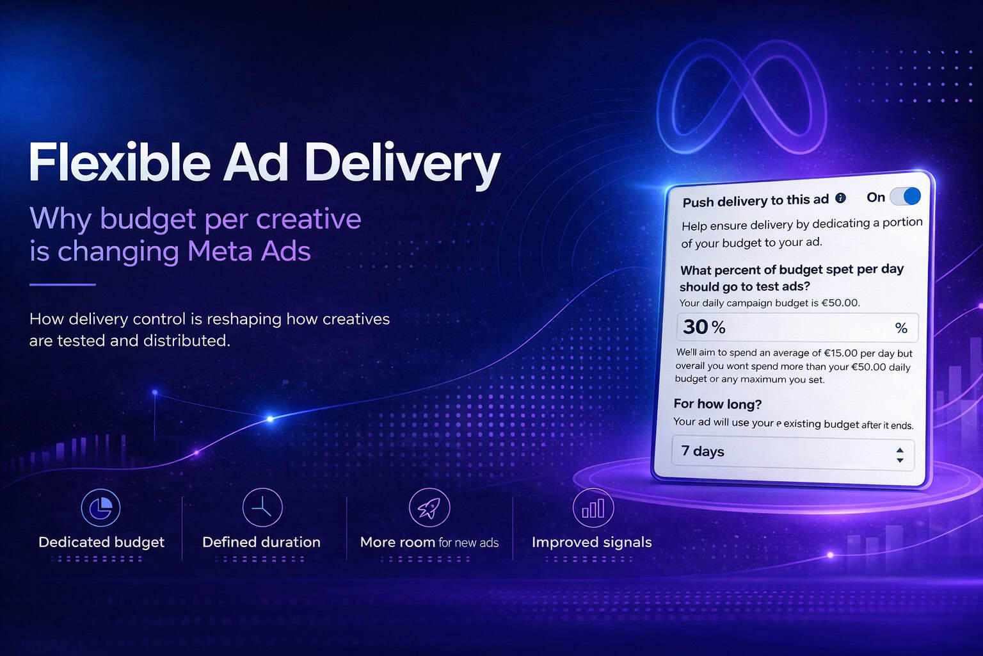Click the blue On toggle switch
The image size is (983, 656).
tap(905, 197)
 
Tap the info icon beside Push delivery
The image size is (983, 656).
tap(840, 198)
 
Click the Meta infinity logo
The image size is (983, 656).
tap(742, 97)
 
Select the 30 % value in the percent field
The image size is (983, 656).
tap(704, 327)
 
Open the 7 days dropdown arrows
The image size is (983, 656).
tap(900, 455)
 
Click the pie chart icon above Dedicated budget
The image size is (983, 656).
tap(100, 507)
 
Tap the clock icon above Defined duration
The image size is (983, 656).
tap(262, 507)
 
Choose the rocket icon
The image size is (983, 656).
tap(429, 507)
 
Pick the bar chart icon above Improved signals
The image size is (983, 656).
tap(593, 507)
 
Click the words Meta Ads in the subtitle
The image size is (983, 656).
tap(249, 251)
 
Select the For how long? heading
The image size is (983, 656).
tap(717, 404)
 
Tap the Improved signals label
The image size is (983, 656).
tap(591, 543)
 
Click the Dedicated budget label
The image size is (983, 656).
tap(101, 543)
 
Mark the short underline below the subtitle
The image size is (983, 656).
tap(62, 284)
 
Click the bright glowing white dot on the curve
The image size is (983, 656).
tap(270, 419)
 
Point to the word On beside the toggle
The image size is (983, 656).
tap(875, 197)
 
